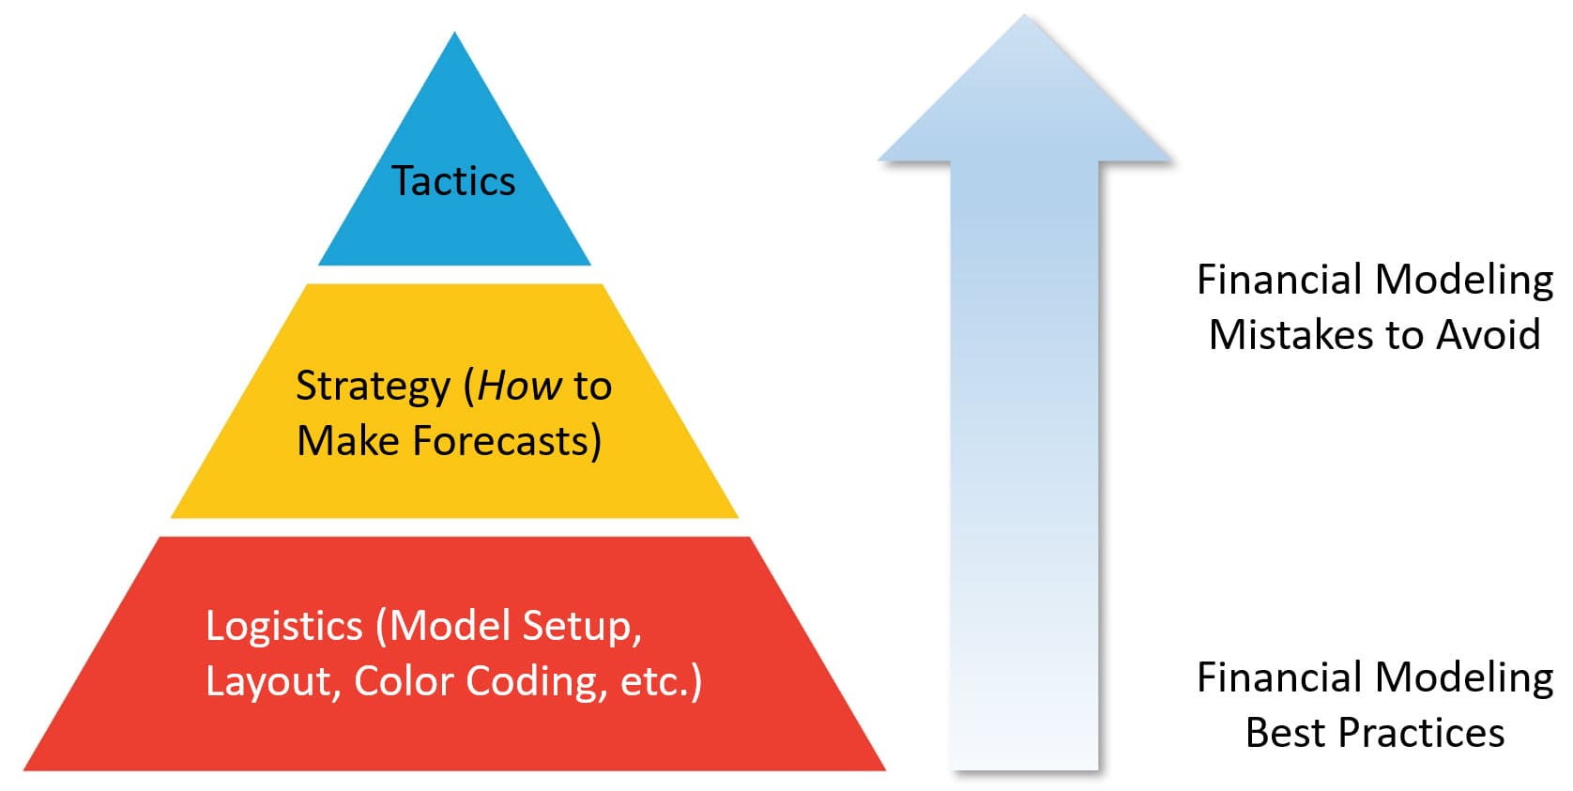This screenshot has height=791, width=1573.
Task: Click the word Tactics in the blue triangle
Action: point(453,181)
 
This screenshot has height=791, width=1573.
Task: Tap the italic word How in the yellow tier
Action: point(520,386)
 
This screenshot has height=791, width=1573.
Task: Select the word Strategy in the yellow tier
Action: point(373,386)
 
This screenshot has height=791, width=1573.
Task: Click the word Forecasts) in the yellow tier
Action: point(507,441)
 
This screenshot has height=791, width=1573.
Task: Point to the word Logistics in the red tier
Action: point(283,627)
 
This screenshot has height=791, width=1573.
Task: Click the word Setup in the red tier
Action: point(582,627)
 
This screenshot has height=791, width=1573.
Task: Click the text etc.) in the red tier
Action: point(661,682)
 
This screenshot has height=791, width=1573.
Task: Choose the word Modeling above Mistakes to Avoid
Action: point(1463,281)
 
